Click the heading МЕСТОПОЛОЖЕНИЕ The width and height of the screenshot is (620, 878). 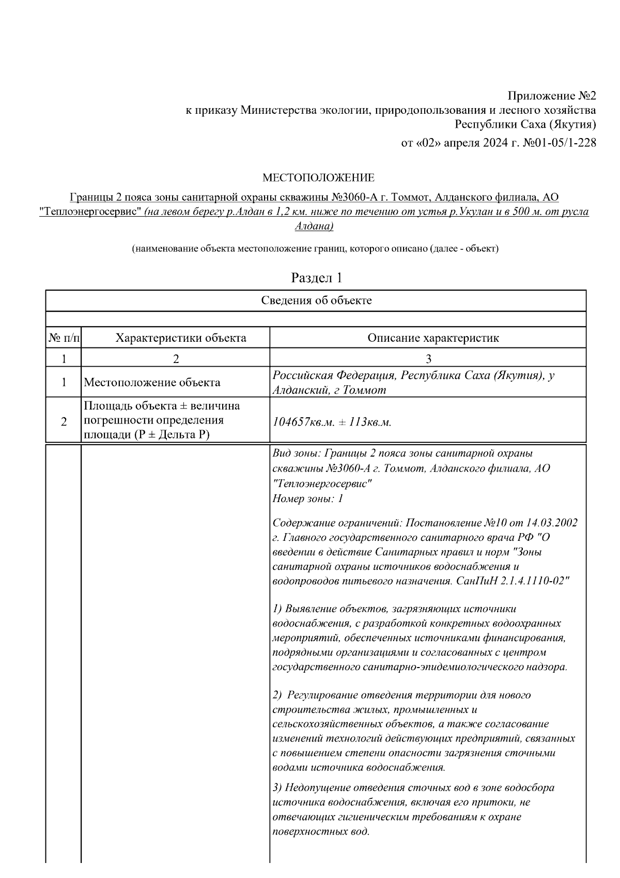tap(318, 178)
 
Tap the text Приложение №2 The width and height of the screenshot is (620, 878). tap(551, 96)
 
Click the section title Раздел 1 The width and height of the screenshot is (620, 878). tap(317, 278)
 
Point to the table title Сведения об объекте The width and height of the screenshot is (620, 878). tap(316, 300)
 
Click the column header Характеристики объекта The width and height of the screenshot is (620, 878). tap(181, 338)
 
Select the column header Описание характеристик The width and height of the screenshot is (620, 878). tap(433, 338)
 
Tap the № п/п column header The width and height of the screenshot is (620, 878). tap(64, 338)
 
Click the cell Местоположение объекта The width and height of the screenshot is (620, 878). tap(152, 383)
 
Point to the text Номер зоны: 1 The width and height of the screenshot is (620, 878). tap(307, 499)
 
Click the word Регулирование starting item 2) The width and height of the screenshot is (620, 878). tap(321, 695)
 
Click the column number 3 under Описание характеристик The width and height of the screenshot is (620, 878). tap(428, 358)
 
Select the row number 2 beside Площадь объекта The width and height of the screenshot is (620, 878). tap(64, 422)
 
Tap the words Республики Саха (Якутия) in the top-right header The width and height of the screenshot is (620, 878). tap(525, 125)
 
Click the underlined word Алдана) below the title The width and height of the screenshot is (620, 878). tap(314, 226)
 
